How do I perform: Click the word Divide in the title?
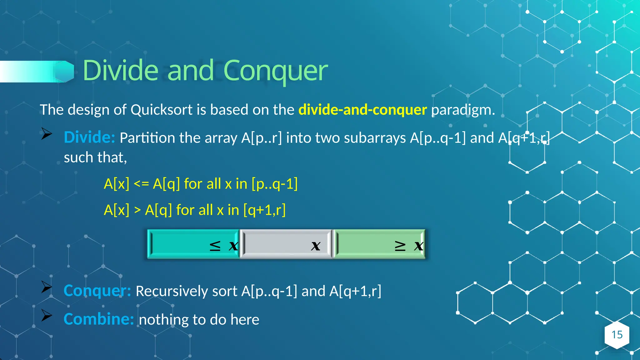[120, 71]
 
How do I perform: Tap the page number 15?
[617, 335]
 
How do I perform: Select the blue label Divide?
[89, 137]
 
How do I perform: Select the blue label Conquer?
[97, 291]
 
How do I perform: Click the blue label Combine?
[99, 319]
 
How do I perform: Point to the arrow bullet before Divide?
[47, 134]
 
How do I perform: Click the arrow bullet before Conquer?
[47, 287]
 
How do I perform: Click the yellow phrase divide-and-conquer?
[362, 110]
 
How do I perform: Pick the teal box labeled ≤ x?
[193, 244]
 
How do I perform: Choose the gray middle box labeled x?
[286, 244]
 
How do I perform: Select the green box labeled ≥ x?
[379, 244]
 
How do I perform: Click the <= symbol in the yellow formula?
[141, 184]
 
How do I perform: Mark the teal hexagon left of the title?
[65, 72]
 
